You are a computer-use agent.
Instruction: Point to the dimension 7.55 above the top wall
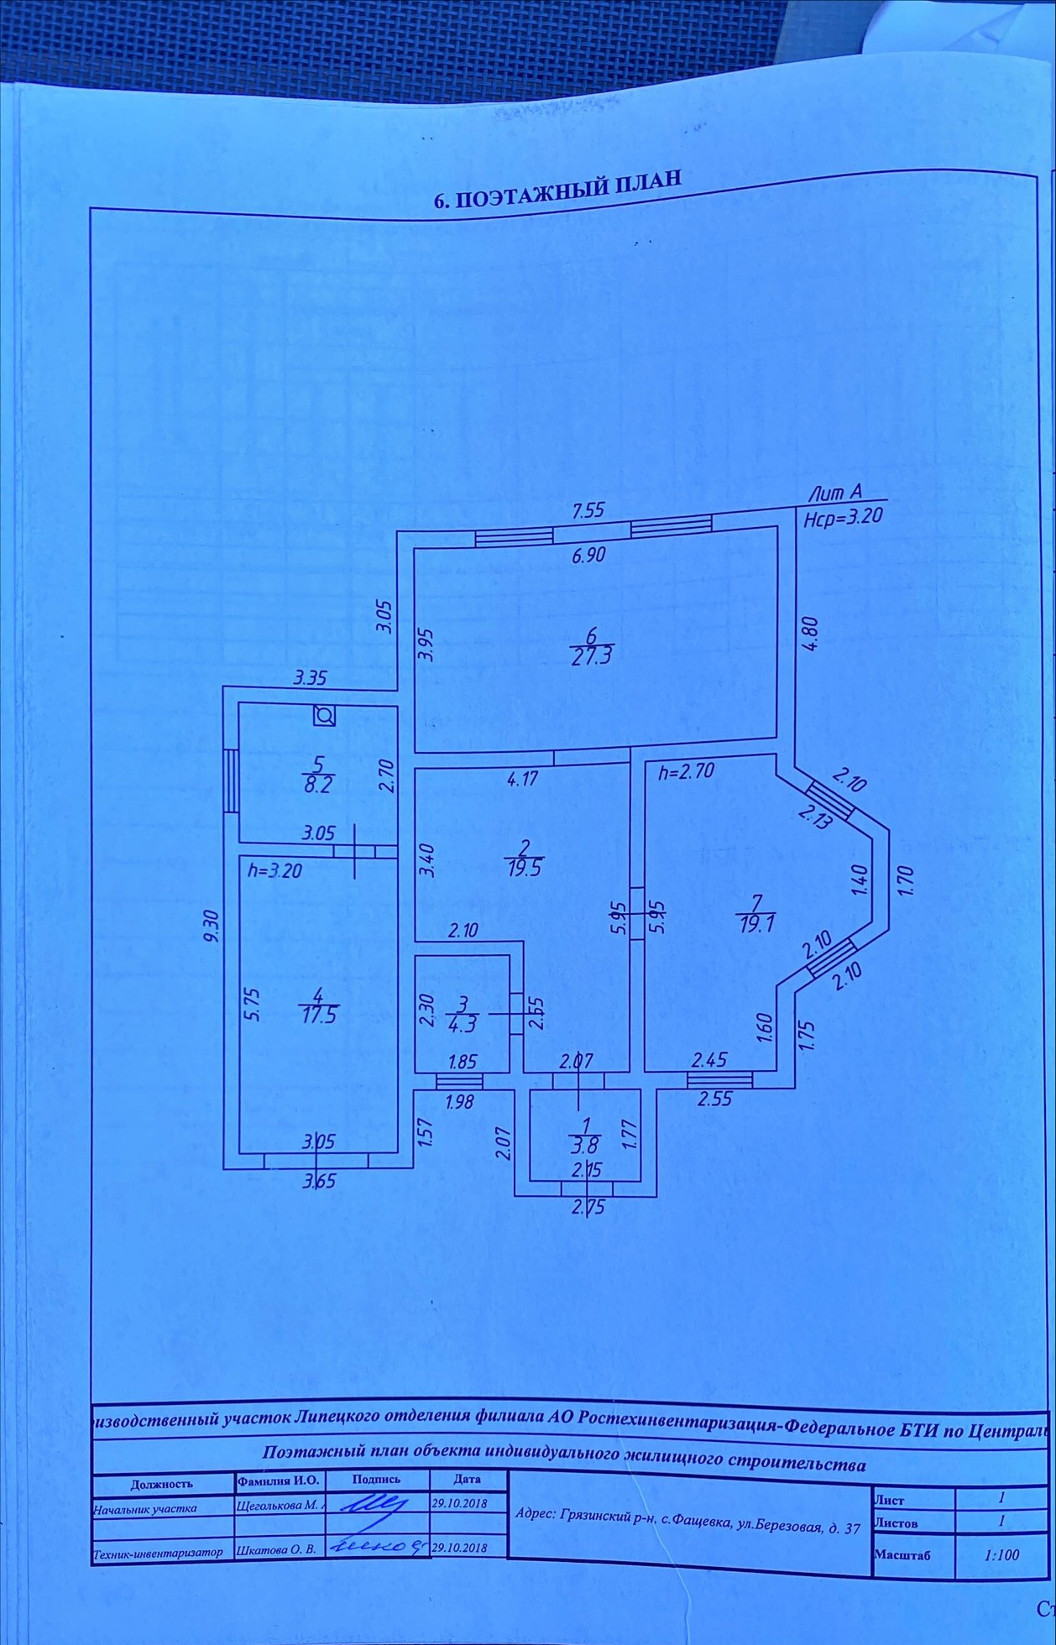click(x=588, y=510)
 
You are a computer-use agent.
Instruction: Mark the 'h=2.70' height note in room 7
click(x=686, y=771)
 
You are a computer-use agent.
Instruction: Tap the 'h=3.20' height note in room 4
click(x=274, y=871)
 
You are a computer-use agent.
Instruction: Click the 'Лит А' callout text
click(x=834, y=494)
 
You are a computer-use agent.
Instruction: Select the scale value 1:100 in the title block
click(x=1001, y=1555)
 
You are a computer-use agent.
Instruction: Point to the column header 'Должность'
click(x=161, y=1484)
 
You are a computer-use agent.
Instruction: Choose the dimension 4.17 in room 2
click(x=522, y=778)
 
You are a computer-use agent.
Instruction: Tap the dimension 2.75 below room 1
click(x=588, y=1208)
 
